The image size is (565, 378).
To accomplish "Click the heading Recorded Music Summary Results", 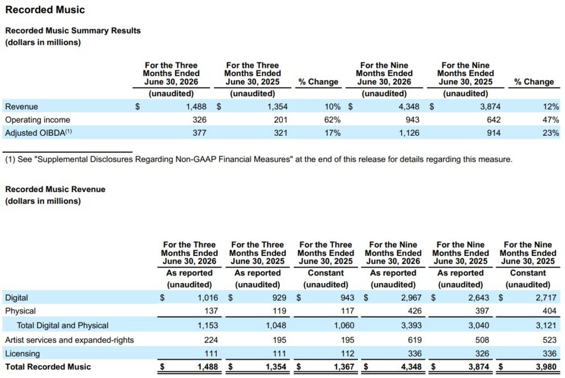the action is click(73, 31).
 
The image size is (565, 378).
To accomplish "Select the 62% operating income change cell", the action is click(332, 120).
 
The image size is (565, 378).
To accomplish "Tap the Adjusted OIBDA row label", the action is click(39, 132).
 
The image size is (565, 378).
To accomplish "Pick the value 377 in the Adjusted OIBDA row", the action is click(199, 133).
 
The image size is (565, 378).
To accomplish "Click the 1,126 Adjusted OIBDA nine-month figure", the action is click(409, 133).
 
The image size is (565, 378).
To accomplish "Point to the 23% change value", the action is click(551, 133).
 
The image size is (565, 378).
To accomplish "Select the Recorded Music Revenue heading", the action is click(55, 189).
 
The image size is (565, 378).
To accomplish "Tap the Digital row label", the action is click(17, 297).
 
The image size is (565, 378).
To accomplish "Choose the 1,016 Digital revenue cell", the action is click(207, 297).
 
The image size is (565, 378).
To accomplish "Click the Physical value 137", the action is click(211, 311).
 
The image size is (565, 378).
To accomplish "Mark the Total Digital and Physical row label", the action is click(62, 326).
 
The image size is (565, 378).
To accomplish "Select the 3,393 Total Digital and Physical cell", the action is click(411, 326).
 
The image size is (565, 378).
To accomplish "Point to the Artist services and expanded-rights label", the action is click(70, 340).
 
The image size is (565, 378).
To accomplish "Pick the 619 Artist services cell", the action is click(414, 340).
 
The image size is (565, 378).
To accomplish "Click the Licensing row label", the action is click(22, 354).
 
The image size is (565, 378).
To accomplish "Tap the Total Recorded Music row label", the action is click(48, 367).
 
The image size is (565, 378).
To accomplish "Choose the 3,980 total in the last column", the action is click(546, 367).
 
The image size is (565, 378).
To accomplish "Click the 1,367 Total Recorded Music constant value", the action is click(344, 367).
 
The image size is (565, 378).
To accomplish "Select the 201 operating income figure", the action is click(280, 120).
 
